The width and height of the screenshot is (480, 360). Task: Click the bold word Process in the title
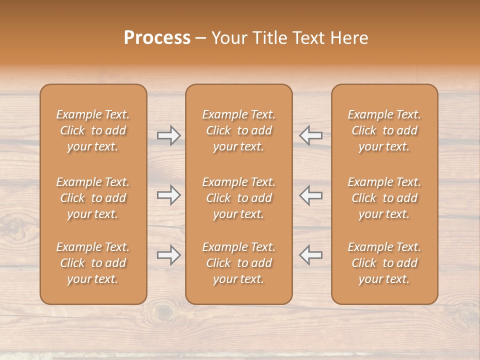tap(157, 38)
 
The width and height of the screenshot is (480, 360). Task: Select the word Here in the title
tap(349, 38)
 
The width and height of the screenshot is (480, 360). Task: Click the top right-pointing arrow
tap(168, 135)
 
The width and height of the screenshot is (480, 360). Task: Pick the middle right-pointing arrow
tap(168, 195)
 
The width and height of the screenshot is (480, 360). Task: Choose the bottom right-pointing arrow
tap(168, 255)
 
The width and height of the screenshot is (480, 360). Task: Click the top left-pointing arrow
tap(310, 135)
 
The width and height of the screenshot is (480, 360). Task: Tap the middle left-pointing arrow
tap(310, 195)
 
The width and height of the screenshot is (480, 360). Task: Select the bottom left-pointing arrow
tap(310, 255)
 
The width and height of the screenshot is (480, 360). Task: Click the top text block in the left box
tap(93, 130)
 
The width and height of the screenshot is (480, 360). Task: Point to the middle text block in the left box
tap(93, 198)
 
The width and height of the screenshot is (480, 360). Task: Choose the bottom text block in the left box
tap(93, 263)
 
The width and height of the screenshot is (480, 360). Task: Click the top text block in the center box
tap(238, 130)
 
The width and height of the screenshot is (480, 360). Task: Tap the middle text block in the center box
tap(238, 198)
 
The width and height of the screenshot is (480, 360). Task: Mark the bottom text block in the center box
tap(238, 263)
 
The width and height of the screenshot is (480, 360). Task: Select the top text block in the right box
tap(384, 130)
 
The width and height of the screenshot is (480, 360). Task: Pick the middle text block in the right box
tap(384, 198)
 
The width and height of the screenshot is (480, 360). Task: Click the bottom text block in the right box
tap(384, 263)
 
